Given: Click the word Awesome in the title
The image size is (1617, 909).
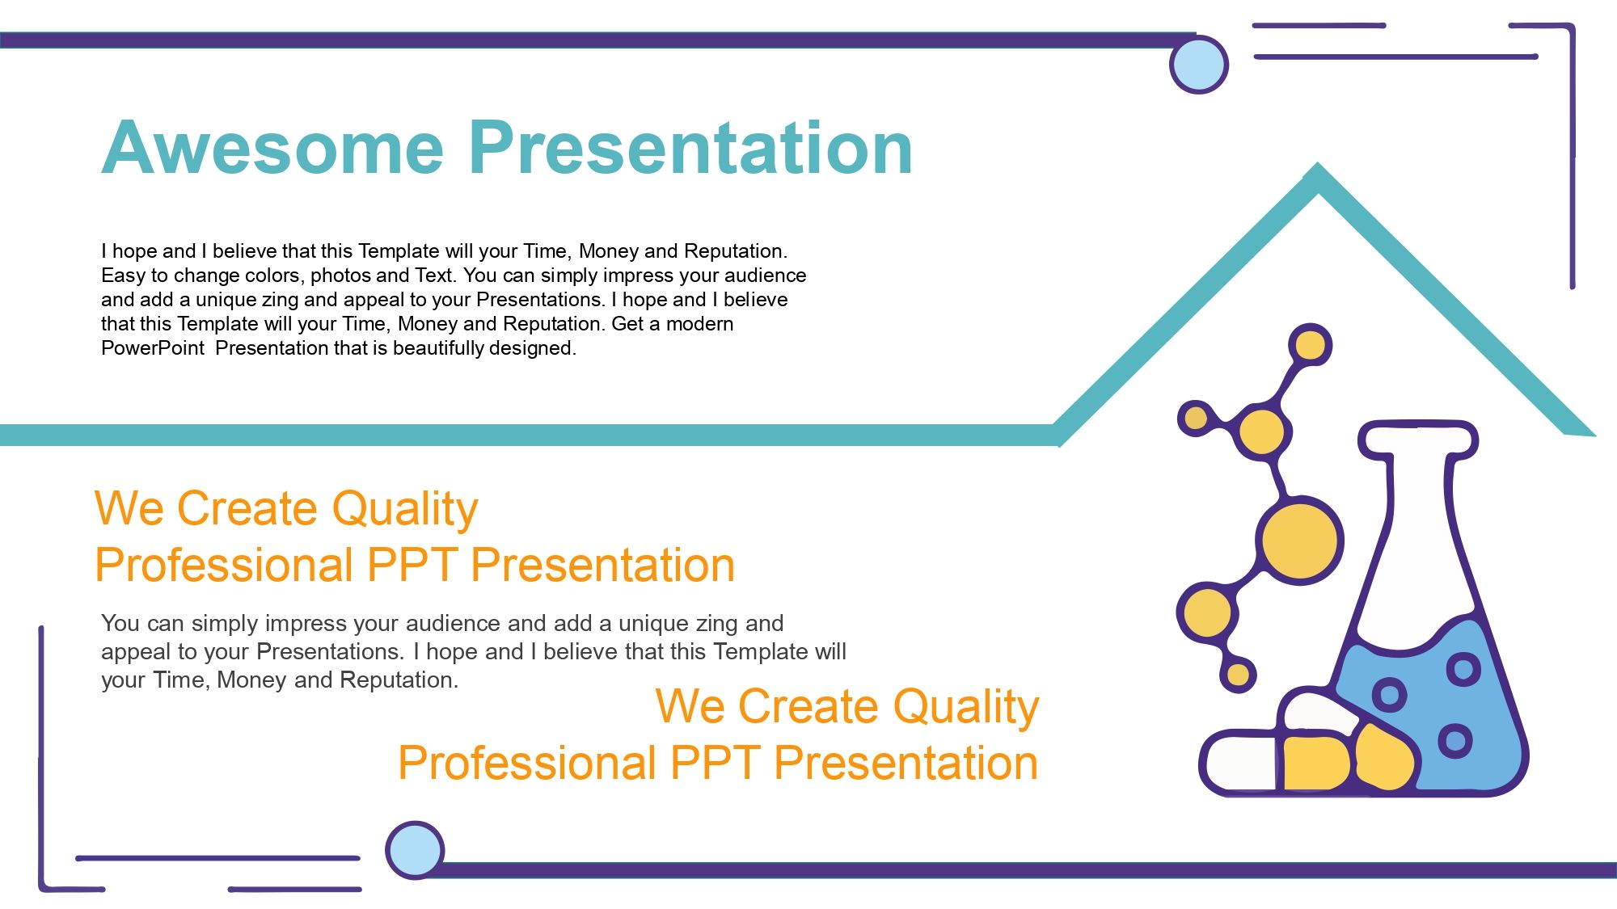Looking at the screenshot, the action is pos(273,147).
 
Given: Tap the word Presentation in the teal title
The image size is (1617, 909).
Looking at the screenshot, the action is pos(691,147).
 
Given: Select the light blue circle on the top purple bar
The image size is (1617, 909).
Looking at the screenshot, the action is pos(1199,65).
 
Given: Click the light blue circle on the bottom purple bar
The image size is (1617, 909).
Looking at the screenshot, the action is pos(415,850).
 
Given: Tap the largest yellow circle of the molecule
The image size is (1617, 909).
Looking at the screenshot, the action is pos(1299,540).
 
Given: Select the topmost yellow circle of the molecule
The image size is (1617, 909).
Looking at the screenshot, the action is pos(1310,345).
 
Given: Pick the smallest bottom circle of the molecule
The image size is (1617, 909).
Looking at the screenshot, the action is pos(1238,674).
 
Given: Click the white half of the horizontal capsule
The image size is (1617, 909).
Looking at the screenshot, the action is pos(1239,762).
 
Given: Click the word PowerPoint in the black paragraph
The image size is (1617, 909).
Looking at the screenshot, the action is pos(153,348).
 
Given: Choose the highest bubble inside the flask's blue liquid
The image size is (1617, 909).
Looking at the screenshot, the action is pos(1463,668).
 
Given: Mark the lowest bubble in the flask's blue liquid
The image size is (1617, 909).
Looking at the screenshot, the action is pos(1455,741).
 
